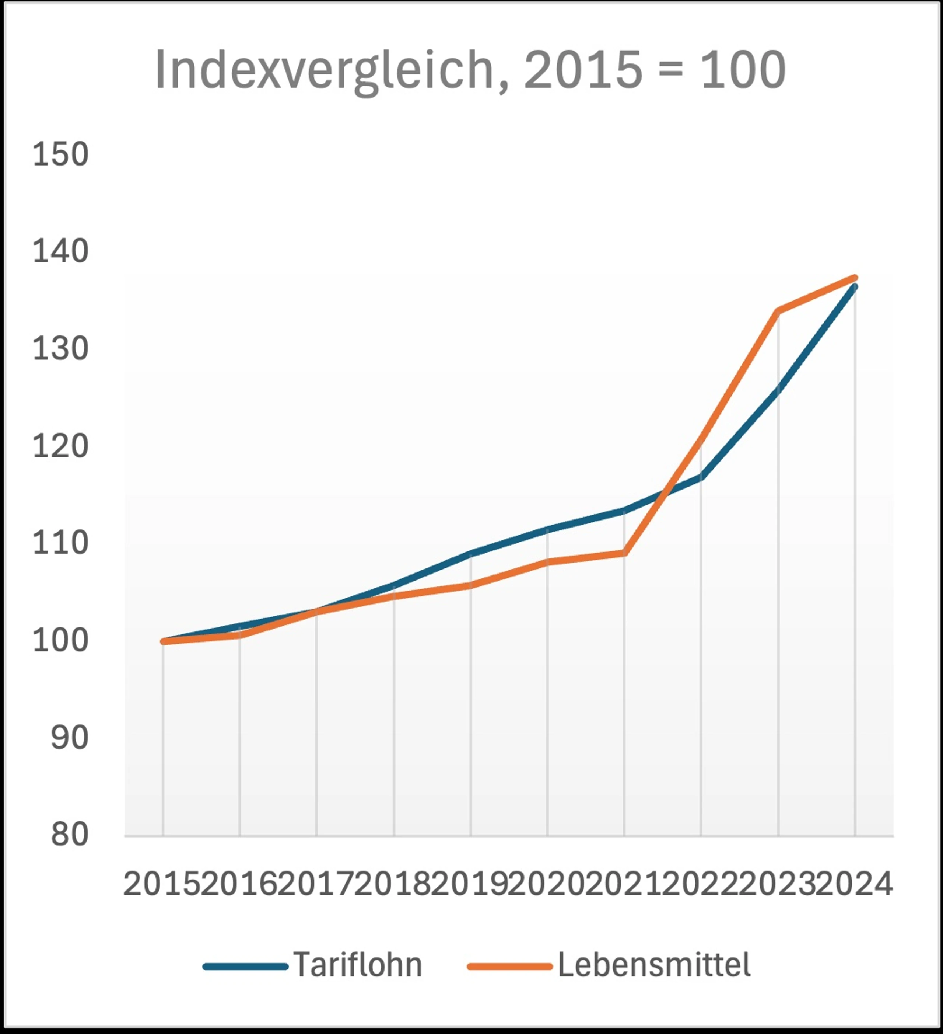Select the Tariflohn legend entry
click(313, 965)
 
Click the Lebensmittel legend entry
click(609, 965)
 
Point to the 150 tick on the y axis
click(60, 154)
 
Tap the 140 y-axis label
click(60, 251)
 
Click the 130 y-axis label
click(60, 349)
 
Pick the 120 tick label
click(60, 446)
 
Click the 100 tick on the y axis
click(60, 641)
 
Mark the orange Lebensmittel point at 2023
click(778, 311)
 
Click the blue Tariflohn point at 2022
click(701, 477)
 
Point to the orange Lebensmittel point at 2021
click(624, 553)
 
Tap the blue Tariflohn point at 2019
click(470, 553)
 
